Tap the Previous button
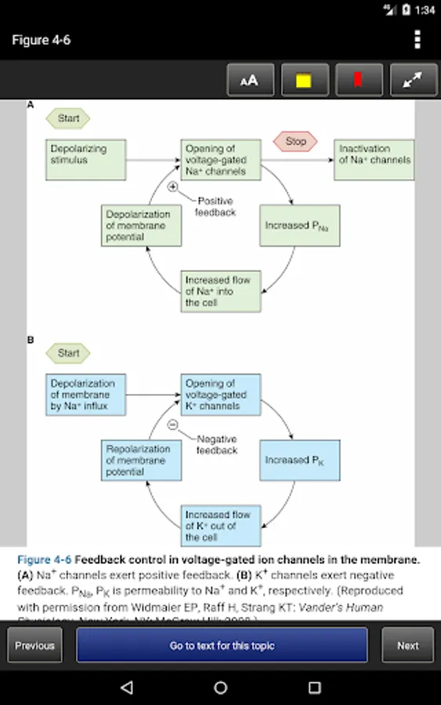click(34, 645)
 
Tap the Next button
click(407, 645)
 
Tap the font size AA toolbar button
click(248, 80)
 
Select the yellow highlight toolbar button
click(303, 80)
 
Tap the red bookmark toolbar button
click(358, 80)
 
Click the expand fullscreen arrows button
click(412, 80)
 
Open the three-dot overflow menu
click(418, 40)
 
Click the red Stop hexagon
click(295, 142)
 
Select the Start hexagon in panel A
click(68, 119)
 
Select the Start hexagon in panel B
click(68, 353)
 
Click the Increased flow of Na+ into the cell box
click(222, 291)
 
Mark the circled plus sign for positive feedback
click(173, 186)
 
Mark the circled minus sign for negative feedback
click(173, 425)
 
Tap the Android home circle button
click(221, 687)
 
